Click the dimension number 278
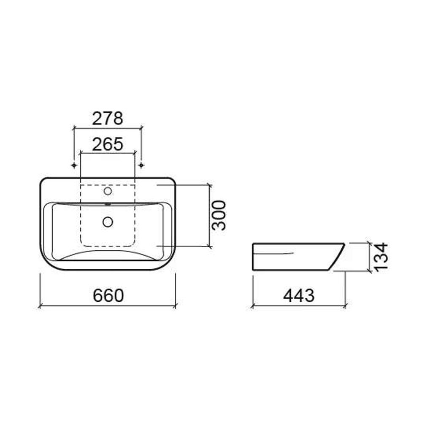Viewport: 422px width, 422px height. point(108,119)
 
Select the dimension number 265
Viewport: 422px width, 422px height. point(108,144)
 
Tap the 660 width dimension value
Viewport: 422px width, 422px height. point(108,295)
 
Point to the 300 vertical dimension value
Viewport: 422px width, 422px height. point(218,215)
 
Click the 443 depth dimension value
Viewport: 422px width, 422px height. point(299,295)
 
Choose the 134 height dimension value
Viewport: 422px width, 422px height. point(381,257)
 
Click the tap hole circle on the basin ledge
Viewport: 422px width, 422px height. point(108,191)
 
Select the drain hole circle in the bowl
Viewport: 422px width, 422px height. point(108,222)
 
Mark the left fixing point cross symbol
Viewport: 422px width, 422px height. point(74,165)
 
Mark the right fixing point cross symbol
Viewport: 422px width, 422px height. point(141,165)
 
